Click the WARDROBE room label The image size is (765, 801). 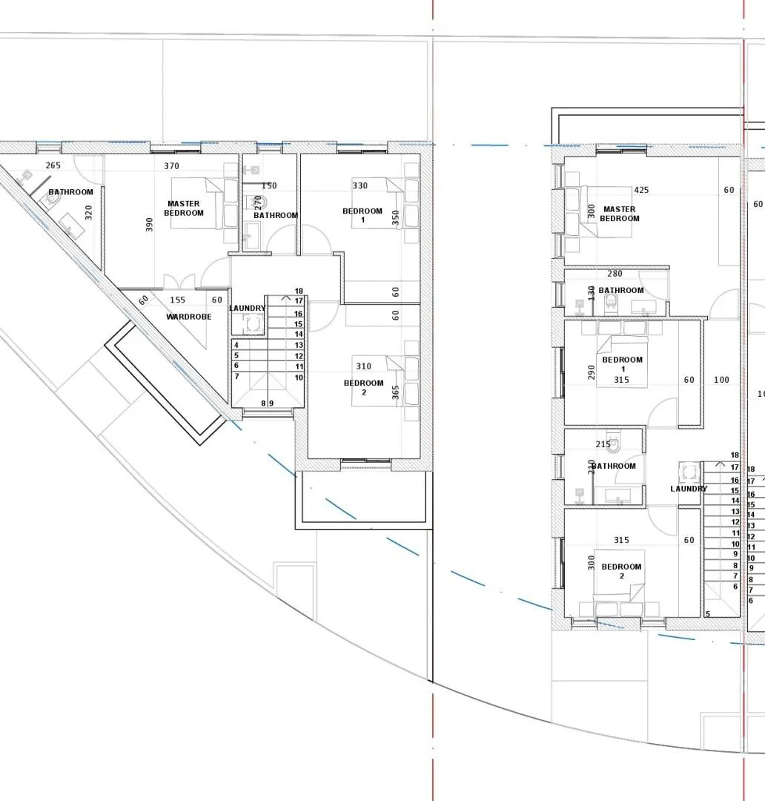(x=188, y=317)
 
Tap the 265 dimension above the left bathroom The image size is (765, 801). (x=53, y=165)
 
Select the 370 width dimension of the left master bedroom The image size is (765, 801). (x=171, y=166)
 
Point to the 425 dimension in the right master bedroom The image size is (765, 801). (x=641, y=190)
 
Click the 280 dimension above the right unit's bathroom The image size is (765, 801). (x=615, y=274)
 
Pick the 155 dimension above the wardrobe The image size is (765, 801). (x=178, y=300)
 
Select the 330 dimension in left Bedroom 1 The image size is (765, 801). (x=360, y=185)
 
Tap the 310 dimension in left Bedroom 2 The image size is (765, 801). (x=363, y=366)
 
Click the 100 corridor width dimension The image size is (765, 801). (x=721, y=380)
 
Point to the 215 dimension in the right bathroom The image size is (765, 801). (x=603, y=444)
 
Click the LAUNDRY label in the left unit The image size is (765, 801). (x=247, y=308)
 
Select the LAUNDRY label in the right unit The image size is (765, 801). (x=689, y=489)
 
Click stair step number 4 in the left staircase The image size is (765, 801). (x=236, y=345)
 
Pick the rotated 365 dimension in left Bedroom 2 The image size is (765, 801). (x=395, y=392)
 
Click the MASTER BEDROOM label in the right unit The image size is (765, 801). (x=619, y=214)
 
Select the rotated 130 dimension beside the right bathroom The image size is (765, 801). (x=591, y=293)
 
